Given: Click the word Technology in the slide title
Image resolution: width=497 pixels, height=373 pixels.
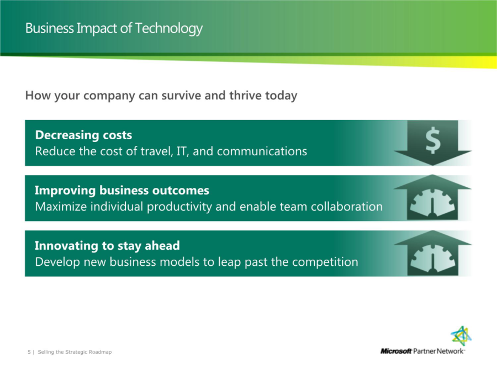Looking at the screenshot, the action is point(168,29).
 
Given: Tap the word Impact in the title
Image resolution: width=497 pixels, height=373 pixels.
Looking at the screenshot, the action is point(97,29).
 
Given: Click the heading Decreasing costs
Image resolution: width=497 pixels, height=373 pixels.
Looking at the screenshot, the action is point(84,135).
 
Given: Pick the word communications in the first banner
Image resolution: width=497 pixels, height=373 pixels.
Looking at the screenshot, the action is point(262,151).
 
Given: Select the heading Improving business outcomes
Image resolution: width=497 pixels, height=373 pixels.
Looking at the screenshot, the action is point(122,190).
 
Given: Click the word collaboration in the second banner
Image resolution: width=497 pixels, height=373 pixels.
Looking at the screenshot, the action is point(346,207).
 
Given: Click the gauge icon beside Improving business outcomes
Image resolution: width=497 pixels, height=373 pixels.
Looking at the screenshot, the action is point(432,203).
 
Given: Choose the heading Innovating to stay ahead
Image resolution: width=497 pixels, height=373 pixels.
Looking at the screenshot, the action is point(108,246).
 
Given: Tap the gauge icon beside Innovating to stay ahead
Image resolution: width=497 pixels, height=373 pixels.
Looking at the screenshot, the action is point(432,258).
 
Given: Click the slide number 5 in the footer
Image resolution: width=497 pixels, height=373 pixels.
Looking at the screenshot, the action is point(29,352).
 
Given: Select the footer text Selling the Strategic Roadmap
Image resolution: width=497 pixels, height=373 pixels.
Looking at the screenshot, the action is point(75,352).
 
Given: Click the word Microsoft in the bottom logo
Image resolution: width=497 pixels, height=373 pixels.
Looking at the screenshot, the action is point(396,351).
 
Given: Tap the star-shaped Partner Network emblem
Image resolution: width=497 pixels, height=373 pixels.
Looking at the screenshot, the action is point(461,336).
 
